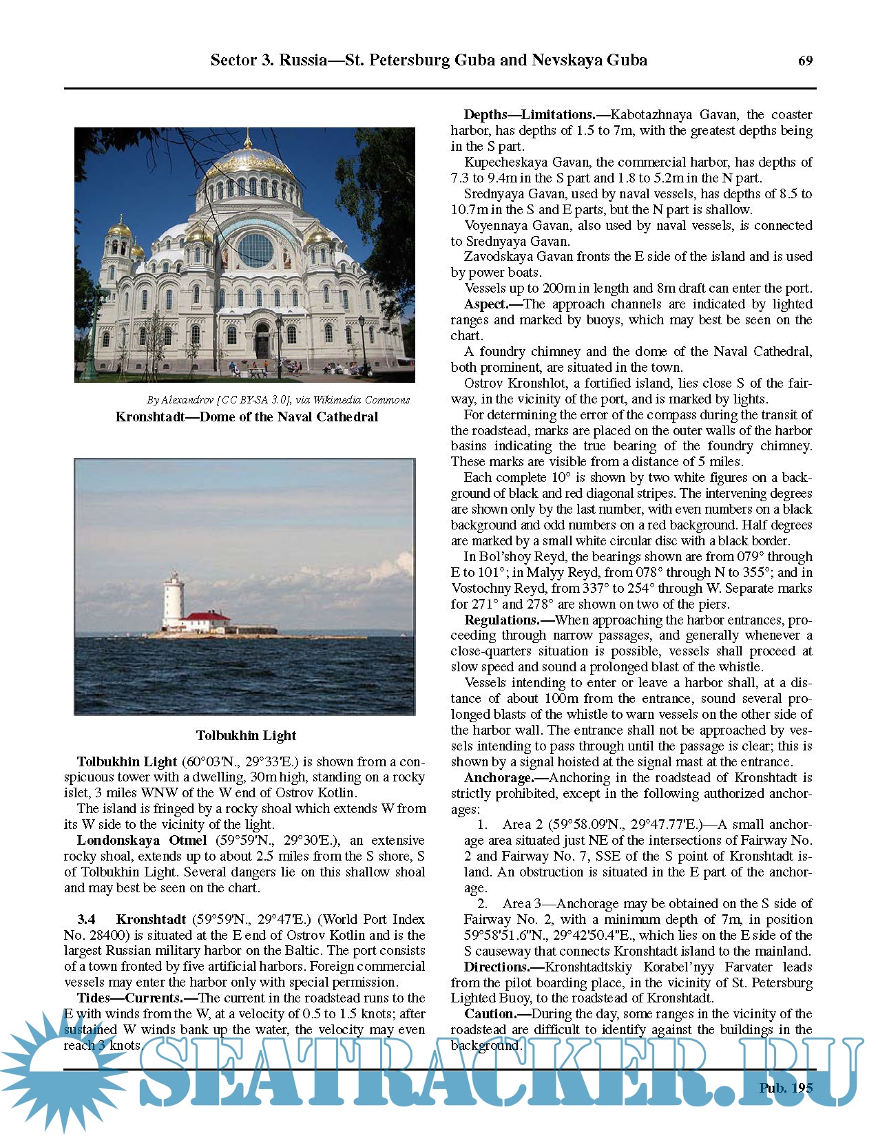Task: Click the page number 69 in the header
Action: (x=805, y=61)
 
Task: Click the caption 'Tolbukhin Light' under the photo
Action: (x=246, y=735)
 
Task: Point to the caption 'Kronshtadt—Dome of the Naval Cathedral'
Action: (x=247, y=417)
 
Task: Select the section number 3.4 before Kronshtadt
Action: (x=86, y=919)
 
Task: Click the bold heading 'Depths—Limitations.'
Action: (x=529, y=114)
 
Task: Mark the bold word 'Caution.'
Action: (x=490, y=1013)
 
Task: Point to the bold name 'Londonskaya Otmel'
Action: (x=141, y=840)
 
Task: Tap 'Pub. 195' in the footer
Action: (x=785, y=1088)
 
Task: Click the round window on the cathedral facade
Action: (x=255, y=249)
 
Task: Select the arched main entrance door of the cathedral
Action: (x=262, y=341)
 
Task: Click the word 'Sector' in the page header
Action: (x=233, y=60)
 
